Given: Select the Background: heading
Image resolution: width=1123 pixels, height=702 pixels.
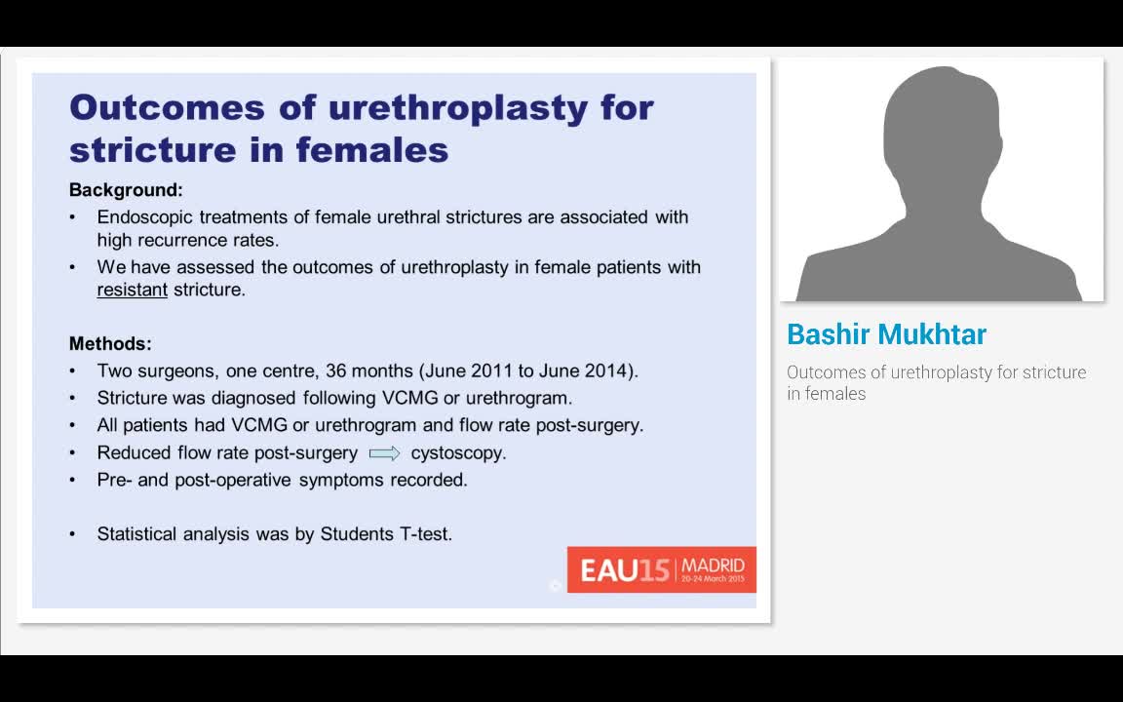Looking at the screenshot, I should (126, 190).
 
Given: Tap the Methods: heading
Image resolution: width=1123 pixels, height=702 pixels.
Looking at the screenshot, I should (110, 344).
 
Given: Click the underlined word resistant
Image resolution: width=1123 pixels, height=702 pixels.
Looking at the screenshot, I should (133, 290).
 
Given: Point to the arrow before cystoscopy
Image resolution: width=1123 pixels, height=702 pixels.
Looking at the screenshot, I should (385, 453).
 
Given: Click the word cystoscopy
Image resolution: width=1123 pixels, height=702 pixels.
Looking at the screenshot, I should (458, 453).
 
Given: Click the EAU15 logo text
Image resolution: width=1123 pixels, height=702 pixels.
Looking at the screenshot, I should (625, 570).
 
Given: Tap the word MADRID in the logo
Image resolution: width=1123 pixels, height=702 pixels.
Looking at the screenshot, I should (713, 565).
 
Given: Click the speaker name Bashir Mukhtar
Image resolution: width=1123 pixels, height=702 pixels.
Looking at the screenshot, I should (886, 334).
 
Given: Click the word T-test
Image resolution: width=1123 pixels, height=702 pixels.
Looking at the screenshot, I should (426, 534).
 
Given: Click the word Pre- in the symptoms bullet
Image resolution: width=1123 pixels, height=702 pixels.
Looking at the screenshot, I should (114, 480).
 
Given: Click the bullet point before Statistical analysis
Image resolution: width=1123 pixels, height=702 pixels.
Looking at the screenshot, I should (73, 534).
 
